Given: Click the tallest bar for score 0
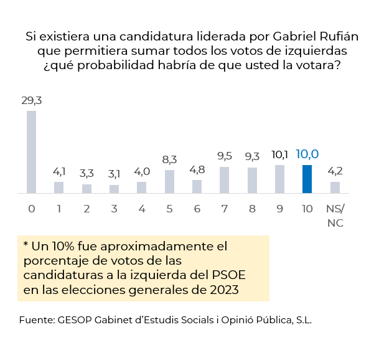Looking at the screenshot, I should click(31, 152).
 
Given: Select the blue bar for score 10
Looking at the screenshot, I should click(307, 179).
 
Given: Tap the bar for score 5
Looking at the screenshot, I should click(169, 181).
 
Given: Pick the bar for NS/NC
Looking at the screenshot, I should click(335, 187).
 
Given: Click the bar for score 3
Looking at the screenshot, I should click(114, 189).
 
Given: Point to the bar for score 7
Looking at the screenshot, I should click(225, 180).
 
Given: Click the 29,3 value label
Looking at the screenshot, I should click(31, 100).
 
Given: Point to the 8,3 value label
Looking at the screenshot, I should click(169, 159).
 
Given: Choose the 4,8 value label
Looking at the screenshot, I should click(197, 169).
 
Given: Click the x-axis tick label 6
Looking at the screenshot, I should click(197, 209).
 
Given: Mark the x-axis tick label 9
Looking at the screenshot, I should click(279, 209).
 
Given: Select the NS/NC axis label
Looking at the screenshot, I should click(335, 216).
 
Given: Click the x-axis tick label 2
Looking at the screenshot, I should click(87, 209).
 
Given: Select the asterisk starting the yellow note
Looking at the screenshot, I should click(26, 244).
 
